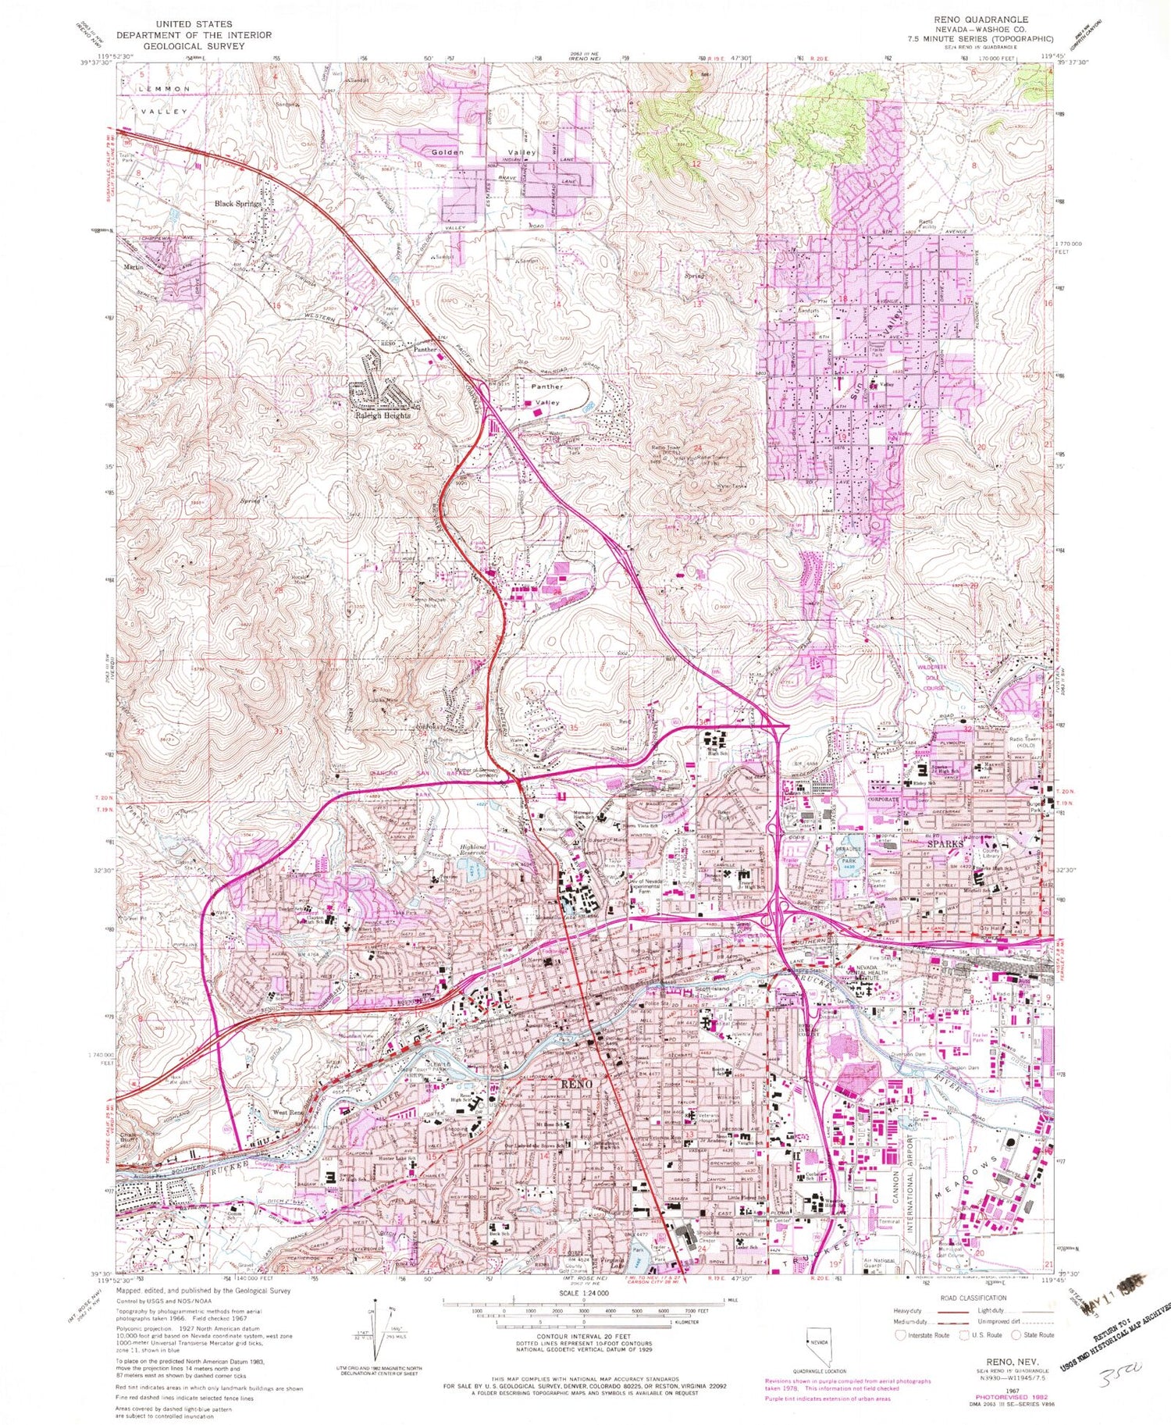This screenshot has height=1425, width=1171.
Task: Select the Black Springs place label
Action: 238,204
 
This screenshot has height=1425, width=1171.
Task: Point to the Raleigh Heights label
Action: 379,416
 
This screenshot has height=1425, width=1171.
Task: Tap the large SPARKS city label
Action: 945,844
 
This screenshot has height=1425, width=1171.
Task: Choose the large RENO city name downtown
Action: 576,1085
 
